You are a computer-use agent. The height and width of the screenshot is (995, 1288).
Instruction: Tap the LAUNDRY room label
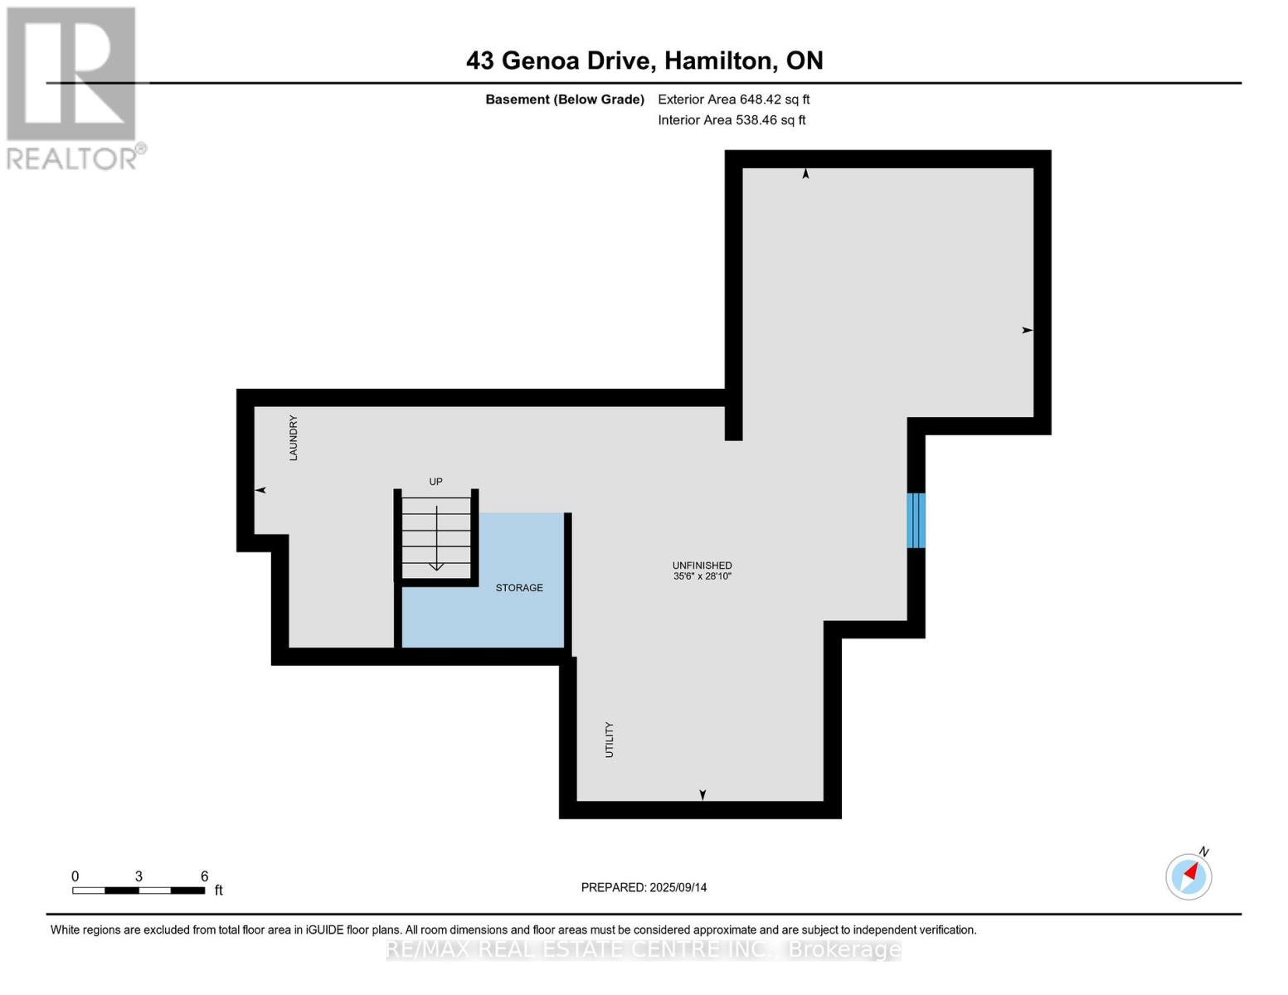pyautogui.click(x=293, y=438)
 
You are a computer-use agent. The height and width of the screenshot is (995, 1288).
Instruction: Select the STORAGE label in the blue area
pyautogui.click(x=519, y=588)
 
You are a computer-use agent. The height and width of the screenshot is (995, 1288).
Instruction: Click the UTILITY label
pyautogui.click(x=610, y=740)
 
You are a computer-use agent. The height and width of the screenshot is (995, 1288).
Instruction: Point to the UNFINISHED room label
pyautogui.click(x=702, y=565)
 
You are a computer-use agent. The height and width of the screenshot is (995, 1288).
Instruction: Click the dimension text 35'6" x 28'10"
pyautogui.click(x=702, y=576)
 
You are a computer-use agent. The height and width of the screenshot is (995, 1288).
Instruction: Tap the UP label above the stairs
pyautogui.click(x=435, y=482)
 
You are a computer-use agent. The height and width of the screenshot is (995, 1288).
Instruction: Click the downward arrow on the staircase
pyautogui.click(x=436, y=565)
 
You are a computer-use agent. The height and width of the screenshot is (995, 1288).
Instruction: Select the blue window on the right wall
pyautogui.click(x=916, y=521)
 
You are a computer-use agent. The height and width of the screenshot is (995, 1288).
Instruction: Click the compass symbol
pyautogui.click(x=1188, y=876)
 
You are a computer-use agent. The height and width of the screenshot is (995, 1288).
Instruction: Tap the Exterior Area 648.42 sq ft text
pyautogui.click(x=733, y=99)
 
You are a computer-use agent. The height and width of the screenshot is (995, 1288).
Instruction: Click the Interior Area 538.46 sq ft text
pyautogui.click(x=731, y=120)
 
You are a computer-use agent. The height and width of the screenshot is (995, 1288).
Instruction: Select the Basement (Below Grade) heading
pyautogui.click(x=564, y=99)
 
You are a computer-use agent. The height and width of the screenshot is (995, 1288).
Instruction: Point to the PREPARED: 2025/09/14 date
pyautogui.click(x=644, y=887)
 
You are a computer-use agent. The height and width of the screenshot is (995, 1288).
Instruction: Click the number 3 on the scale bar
pyautogui.click(x=139, y=876)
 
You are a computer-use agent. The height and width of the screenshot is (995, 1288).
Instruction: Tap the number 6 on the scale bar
pyautogui.click(x=204, y=876)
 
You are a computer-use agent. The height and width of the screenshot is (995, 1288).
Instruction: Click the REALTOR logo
pyautogui.click(x=73, y=87)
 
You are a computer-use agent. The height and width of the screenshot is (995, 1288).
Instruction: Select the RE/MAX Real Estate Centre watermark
pyautogui.click(x=644, y=949)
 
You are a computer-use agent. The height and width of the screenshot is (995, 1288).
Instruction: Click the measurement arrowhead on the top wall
pyautogui.click(x=805, y=173)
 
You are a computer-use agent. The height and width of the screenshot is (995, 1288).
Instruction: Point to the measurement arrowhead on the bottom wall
pyautogui.click(x=702, y=795)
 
